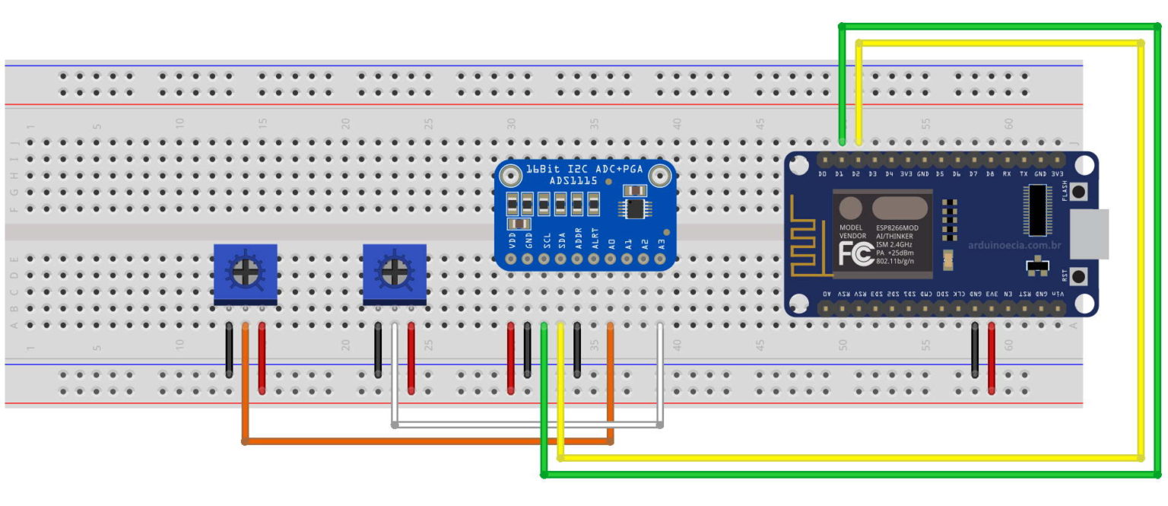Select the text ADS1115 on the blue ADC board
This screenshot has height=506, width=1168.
pyautogui.click(x=573, y=180)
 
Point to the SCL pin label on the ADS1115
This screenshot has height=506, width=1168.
pyautogui.click(x=545, y=241)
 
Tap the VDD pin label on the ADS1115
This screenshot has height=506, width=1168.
pyautogui.click(x=512, y=241)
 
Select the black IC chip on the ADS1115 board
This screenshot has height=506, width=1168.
pyautogui.click(x=633, y=208)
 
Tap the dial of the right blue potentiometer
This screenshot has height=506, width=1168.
pyautogui.click(x=394, y=269)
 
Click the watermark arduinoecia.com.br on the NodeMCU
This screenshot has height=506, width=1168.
pyautogui.click(x=1014, y=245)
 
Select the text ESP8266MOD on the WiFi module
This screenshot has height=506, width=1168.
pyautogui.click(x=897, y=228)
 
